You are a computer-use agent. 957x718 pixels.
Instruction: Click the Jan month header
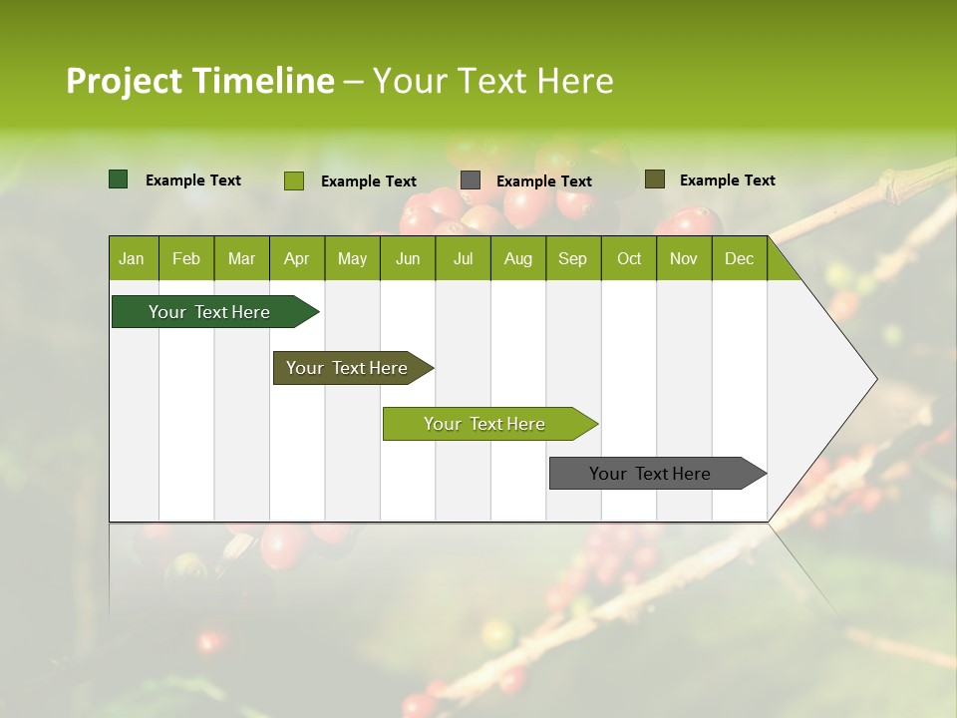[x=132, y=258]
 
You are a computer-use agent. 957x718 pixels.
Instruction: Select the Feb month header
[x=186, y=258]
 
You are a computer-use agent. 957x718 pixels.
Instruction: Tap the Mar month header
[x=241, y=258]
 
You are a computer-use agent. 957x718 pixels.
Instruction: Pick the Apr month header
[x=297, y=258]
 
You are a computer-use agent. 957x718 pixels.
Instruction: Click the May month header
[x=352, y=258]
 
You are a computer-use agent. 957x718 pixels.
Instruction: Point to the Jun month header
[x=408, y=258]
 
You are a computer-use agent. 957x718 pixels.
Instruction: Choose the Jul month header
[x=463, y=258]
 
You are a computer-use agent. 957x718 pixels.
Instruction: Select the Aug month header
[x=518, y=258]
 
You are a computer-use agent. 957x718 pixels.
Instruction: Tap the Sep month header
[x=572, y=258]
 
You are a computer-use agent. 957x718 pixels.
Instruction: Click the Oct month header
[x=629, y=258]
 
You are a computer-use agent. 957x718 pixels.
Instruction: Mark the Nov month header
[x=684, y=258]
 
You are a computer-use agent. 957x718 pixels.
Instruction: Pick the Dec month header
[x=739, y=258]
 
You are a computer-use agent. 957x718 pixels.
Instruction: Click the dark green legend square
[x=119, y=179]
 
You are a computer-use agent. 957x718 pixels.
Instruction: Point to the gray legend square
[x=471, y=180]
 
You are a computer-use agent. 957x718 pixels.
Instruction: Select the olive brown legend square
[x=655, y=179]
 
